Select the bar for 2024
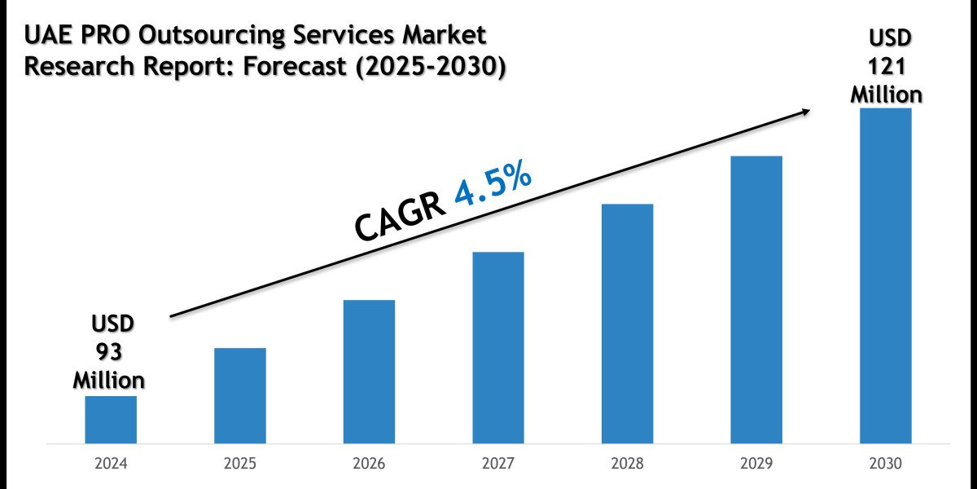tap(111, 420)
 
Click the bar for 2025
tap(240, 396)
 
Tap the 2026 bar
tap(369, 372)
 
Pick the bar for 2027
tap(498, 348)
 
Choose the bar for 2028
tap(627, 324)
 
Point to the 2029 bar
tap(756, 300)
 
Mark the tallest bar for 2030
tap(886, 275)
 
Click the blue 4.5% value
tap(493, 190)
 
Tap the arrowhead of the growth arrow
tap(806, 111)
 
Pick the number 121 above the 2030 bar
tap(887, 67)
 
